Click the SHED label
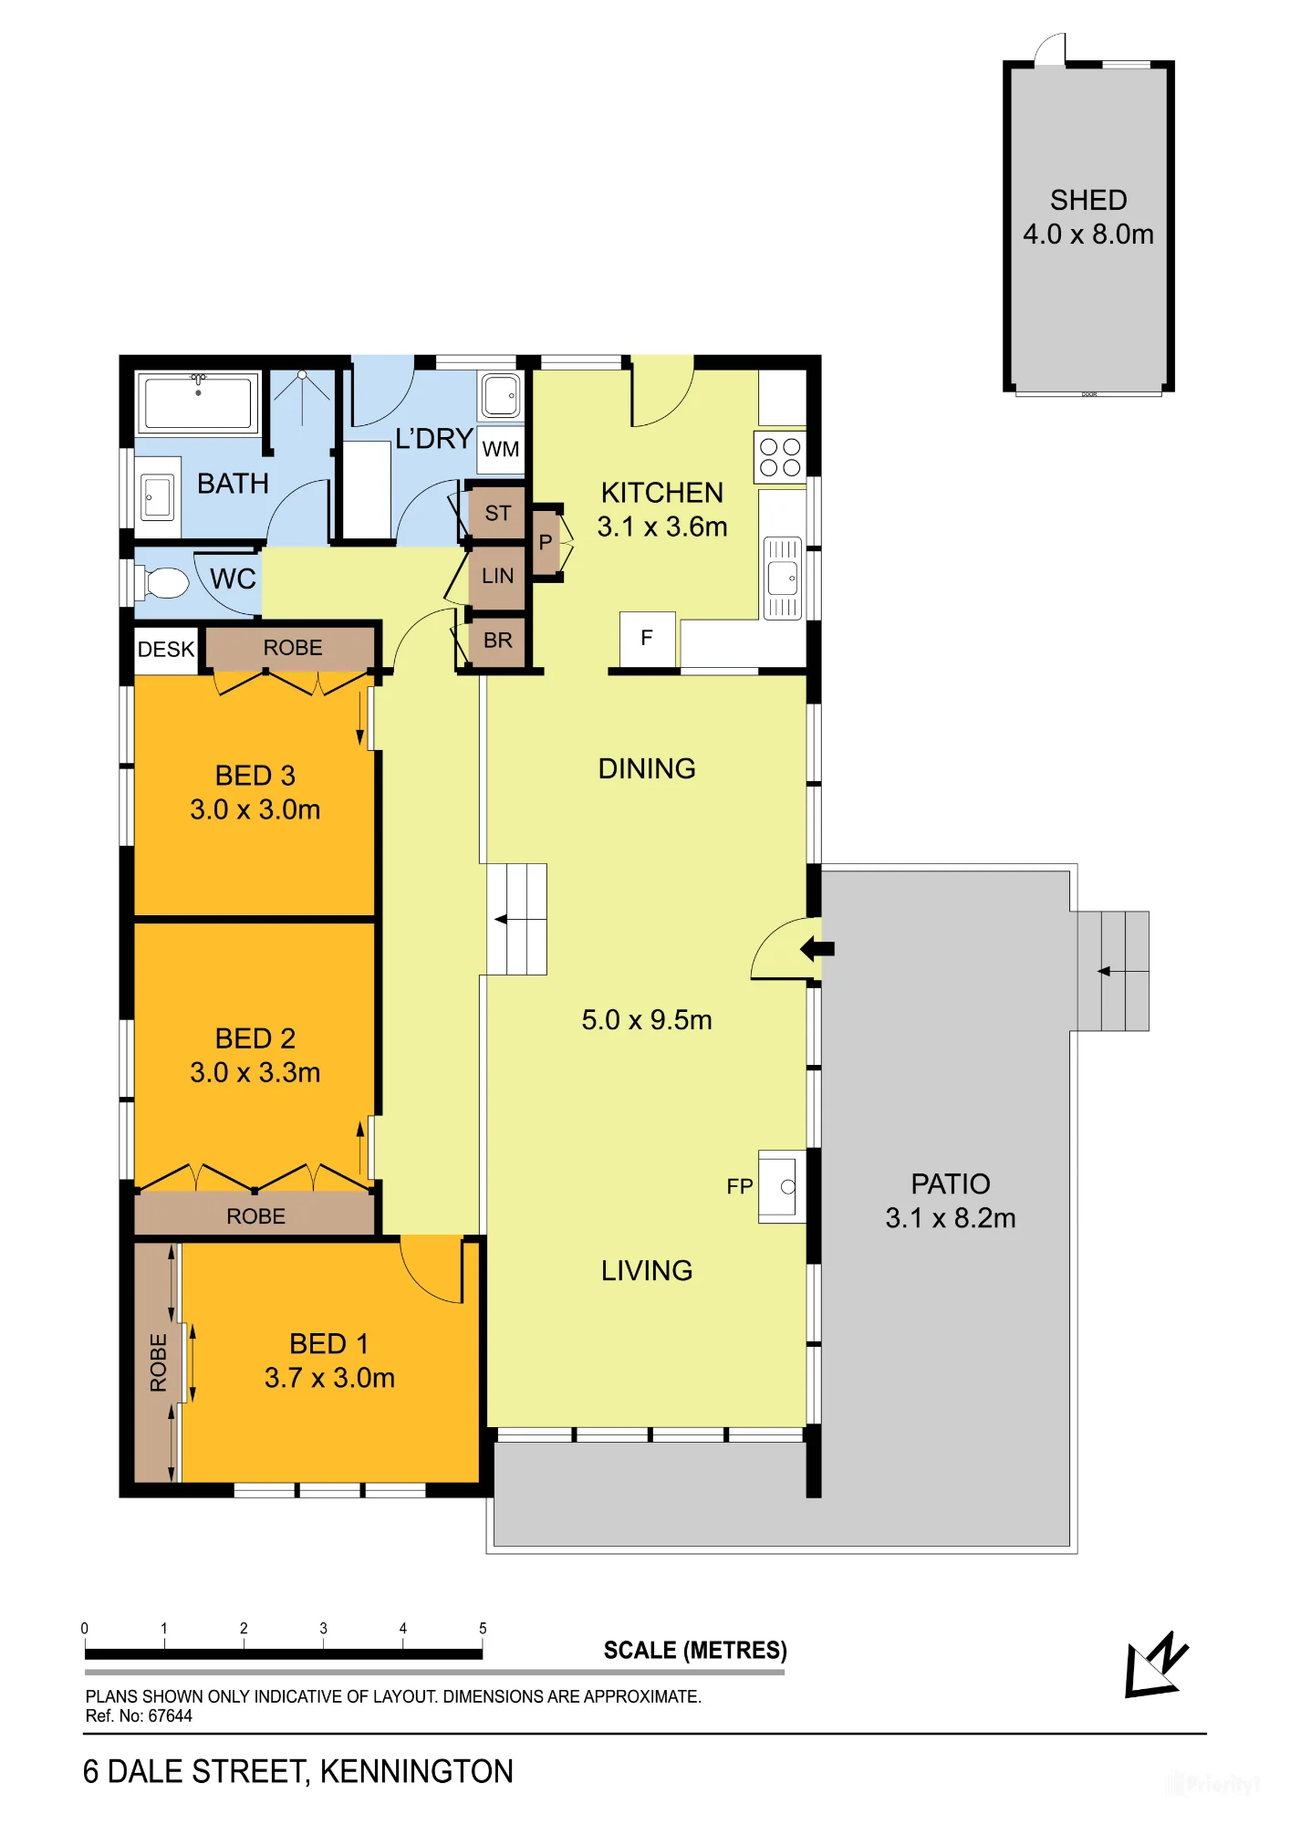tap(1088, 200)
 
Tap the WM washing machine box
tap(501, 449)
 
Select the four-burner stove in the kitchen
tap(780, 457)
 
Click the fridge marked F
tap(647, 639)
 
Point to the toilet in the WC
tap(161, 582)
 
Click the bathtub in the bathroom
tap(198, 402)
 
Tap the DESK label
tap(166, 649)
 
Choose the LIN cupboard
tap(497, 576)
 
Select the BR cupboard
tap(497, 641)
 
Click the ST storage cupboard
tap(497, 513)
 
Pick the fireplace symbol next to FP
tap(782, 1186)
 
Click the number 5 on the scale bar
tap(483, 1628)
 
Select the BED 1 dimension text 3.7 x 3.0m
tap(329, 1378)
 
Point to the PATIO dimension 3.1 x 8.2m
tap(951, 1218)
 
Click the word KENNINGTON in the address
tap(416, 1771)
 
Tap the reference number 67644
tap(171, 1715)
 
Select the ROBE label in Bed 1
tap(158, 1362)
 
